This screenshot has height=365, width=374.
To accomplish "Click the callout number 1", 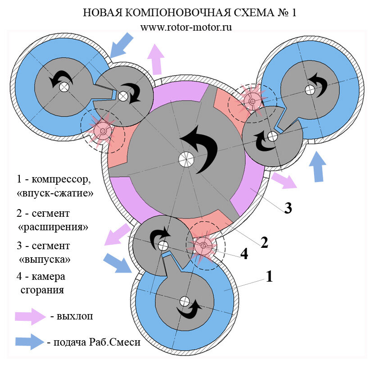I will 269,276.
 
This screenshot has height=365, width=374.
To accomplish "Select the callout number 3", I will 288,208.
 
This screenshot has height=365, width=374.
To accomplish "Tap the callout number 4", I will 244,254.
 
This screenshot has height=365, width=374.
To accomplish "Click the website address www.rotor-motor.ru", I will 186,27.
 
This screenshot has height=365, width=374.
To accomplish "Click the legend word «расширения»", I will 53,227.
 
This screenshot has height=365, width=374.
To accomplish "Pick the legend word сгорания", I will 42,290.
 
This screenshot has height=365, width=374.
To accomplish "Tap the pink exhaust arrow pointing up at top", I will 156,59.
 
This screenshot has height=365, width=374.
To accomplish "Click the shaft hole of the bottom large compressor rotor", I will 184,301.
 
